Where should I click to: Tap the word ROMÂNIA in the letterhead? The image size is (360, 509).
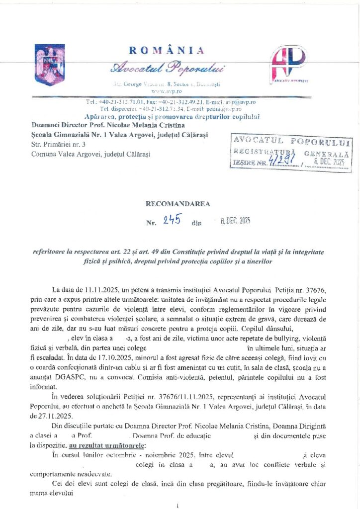[x=167, y=50]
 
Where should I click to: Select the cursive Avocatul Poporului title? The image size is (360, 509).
[x=168, y=67]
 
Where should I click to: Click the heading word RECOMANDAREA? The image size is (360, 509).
[x=178, y=203]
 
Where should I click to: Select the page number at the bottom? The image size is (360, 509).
[x=178, y=505]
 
